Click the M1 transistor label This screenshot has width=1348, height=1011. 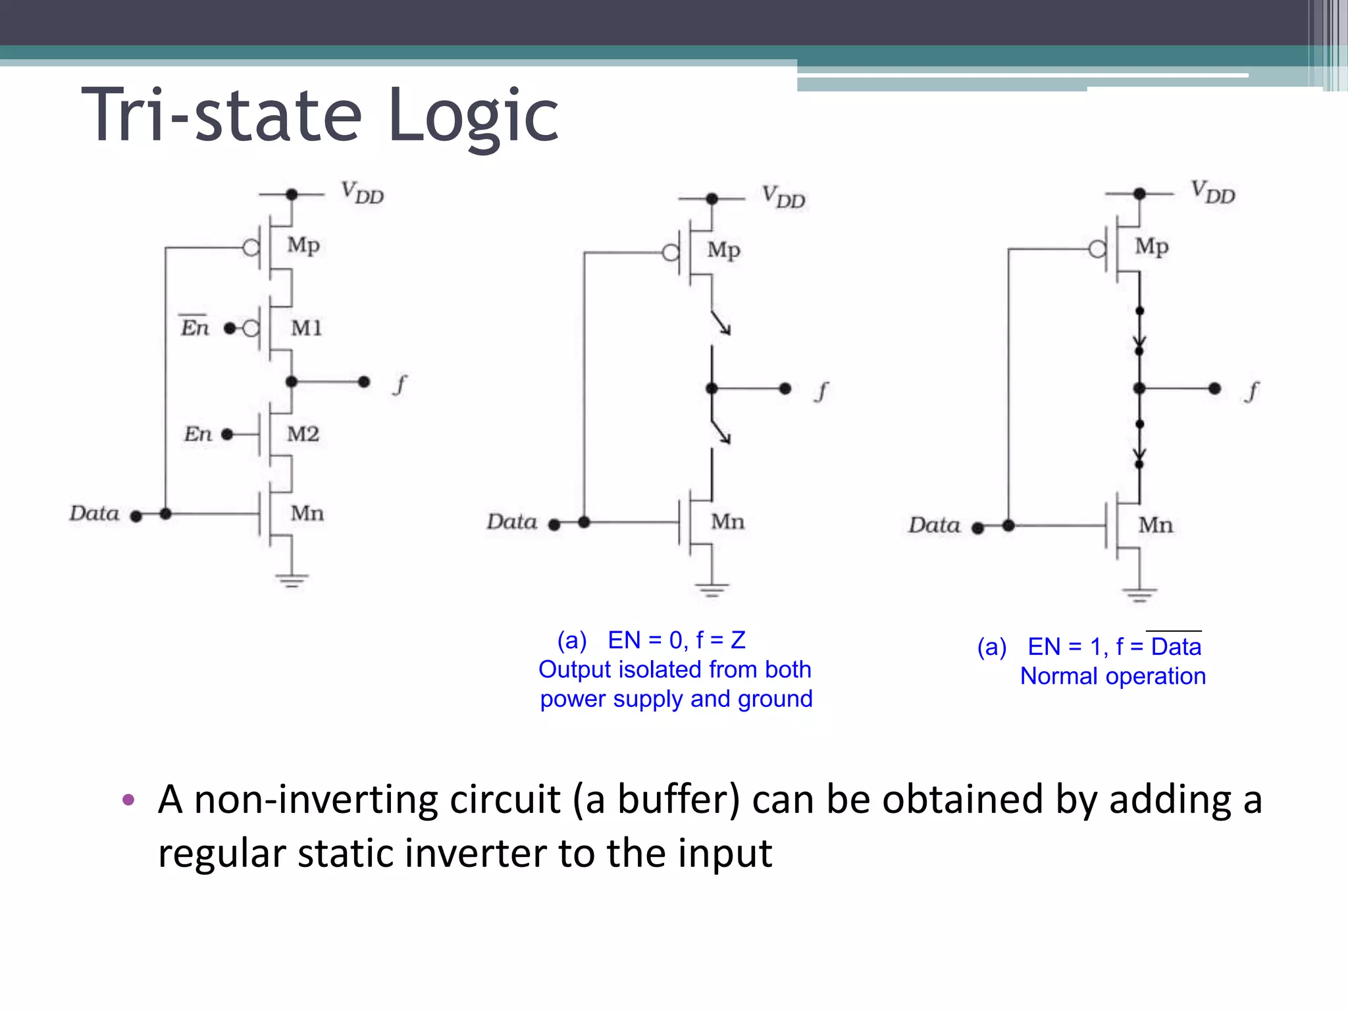[x=307, y=328]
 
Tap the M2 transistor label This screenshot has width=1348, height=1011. [x=303, y=434]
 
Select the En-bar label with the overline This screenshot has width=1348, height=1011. [x=195, y=326]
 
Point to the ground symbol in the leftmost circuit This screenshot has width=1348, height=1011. [x=292, y=580]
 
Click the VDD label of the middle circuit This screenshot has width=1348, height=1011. [x=783, y=197]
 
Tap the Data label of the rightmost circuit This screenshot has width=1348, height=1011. [x=934, y=525]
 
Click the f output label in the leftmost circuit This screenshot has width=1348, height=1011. [x=400, y=383]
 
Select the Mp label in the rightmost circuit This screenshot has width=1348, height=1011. [x=1151, y=246]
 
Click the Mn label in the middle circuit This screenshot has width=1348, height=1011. [x=727, y=522]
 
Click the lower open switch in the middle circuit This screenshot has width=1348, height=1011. [x=720, y=430]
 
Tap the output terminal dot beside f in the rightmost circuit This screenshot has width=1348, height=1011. [x=1214, y=389]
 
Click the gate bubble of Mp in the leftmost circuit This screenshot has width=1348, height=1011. [x=251, y=248]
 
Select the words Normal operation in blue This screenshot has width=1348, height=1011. [x=1112, y=676]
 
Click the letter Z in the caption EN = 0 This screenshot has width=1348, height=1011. [x=738, y=640]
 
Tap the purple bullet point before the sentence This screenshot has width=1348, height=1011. [x=128, y=800]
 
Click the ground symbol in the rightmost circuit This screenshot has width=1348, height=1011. [x=1139, y=594]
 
